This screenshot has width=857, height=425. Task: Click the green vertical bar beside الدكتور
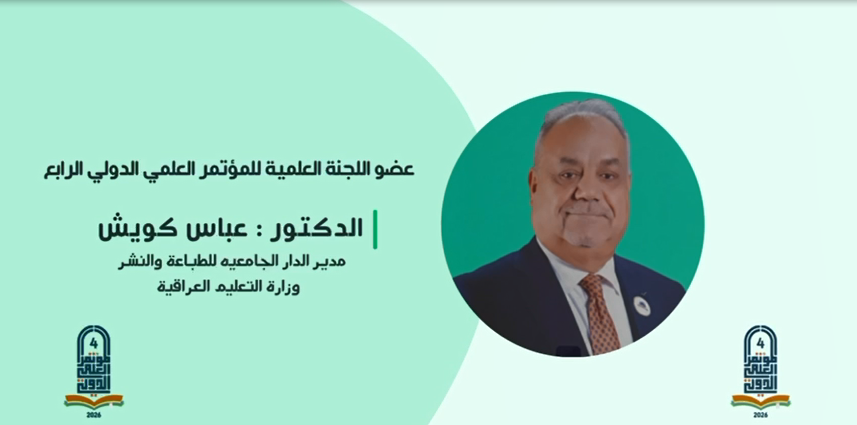375,229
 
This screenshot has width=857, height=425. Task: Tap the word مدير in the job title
331,261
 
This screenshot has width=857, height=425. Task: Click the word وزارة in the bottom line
283,287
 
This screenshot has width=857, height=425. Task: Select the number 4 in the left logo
94,344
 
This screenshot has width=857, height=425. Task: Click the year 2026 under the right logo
760,415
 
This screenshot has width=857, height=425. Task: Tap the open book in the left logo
94,400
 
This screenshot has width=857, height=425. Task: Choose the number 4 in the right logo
760,344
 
